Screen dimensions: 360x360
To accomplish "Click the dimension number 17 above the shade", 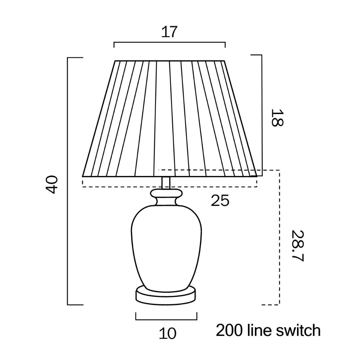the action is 170,32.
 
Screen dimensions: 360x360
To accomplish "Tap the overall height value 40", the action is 51,185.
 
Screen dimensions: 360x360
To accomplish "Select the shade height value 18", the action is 277,118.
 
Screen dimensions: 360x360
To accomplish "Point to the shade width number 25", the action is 220,200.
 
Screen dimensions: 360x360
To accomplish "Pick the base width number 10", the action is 168,333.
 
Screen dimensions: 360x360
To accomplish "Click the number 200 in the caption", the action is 229,330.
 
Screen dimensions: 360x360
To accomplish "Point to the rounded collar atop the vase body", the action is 166,194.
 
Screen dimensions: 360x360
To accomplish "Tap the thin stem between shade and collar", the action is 166,183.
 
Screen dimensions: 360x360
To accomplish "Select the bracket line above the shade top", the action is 170,42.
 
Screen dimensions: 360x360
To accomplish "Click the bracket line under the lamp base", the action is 166,319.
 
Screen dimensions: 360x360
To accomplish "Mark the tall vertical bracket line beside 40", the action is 68,181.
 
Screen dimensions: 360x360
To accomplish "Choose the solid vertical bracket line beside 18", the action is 262,116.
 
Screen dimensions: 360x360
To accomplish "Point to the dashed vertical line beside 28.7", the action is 279,237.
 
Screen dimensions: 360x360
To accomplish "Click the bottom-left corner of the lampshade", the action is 83,176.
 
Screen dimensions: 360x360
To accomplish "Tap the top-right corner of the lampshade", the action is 224,61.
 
